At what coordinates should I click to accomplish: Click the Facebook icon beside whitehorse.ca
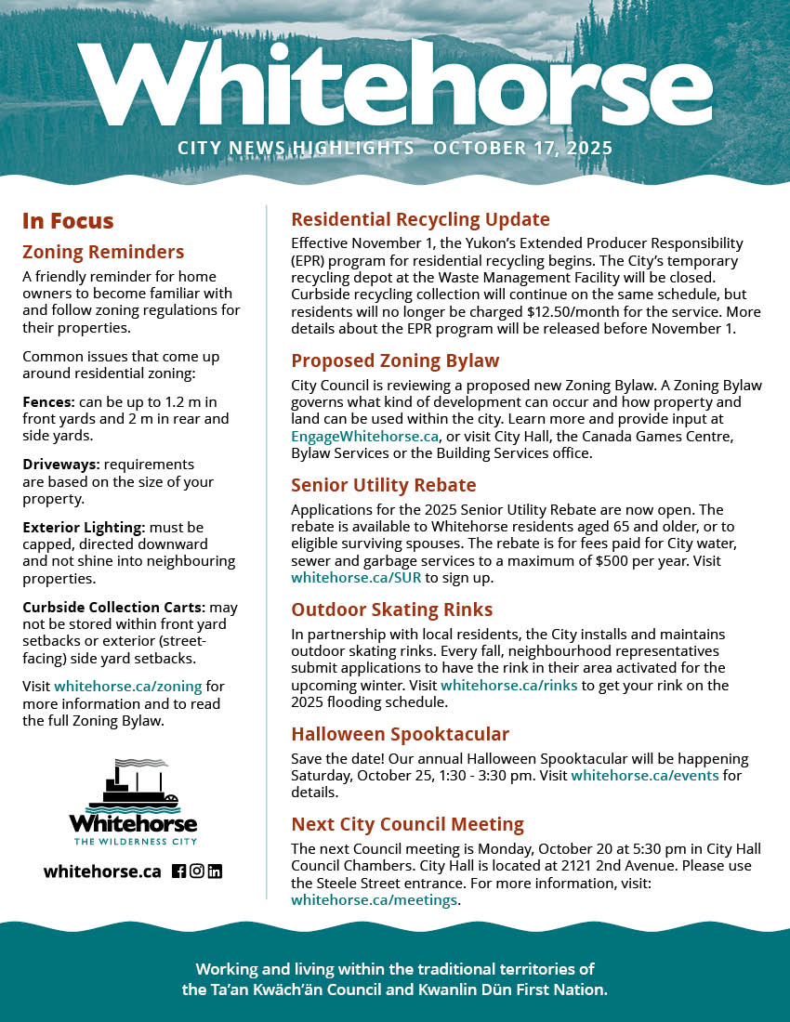pos(179,871)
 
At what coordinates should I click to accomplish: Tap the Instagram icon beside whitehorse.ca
pos(197,871)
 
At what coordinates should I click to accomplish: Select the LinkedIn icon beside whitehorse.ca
pos(215,871)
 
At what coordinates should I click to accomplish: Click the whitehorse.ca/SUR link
pos(356,577)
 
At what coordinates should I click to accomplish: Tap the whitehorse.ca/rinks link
pos(509,686)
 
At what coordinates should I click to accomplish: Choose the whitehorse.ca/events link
pos(644,775)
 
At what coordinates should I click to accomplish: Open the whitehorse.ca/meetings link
pos(374,899)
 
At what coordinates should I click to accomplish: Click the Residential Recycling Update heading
pos(420,219)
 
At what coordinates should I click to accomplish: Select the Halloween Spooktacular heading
pos(400,735)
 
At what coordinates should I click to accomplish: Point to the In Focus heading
pos(68,221)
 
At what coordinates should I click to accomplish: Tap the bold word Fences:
pos(49,402)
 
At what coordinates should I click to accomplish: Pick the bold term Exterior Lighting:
pos(83,527)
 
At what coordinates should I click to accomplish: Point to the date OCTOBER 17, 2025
pos(522,148)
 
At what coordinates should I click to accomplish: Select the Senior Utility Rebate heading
pos(383,485)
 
